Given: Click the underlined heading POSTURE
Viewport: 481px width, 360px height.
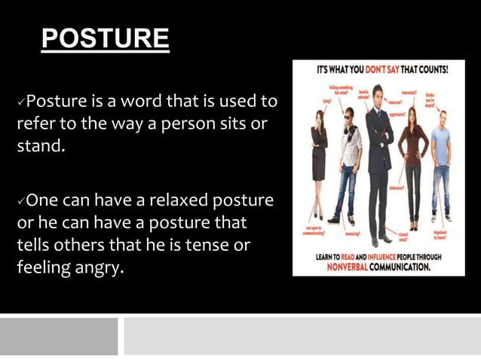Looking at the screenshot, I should pyautogui.click(x=106, y=38).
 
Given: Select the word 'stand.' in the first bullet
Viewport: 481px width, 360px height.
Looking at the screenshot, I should pyautogui.click(x=41, y=145).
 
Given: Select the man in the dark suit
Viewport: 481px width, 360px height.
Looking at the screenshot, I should pyautogui.click(x=378, y=166).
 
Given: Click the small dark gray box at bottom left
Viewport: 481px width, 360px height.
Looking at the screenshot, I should pyautogui.click(x=59, y=336).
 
